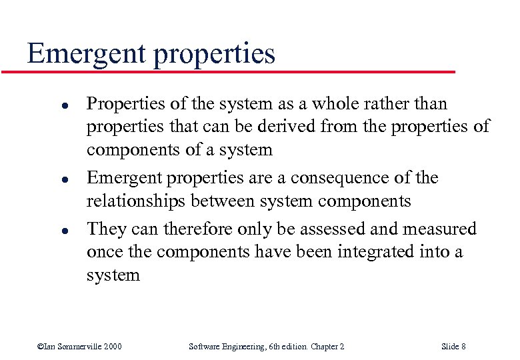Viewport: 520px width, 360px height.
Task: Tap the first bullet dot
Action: (42, 105)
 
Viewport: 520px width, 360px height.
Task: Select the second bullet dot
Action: (42, 179)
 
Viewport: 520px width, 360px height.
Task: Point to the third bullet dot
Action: (42, 230)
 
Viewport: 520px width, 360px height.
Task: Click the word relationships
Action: (137, 201)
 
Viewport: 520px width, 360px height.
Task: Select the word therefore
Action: (195, 229)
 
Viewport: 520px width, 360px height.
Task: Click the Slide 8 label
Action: (453, 346)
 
